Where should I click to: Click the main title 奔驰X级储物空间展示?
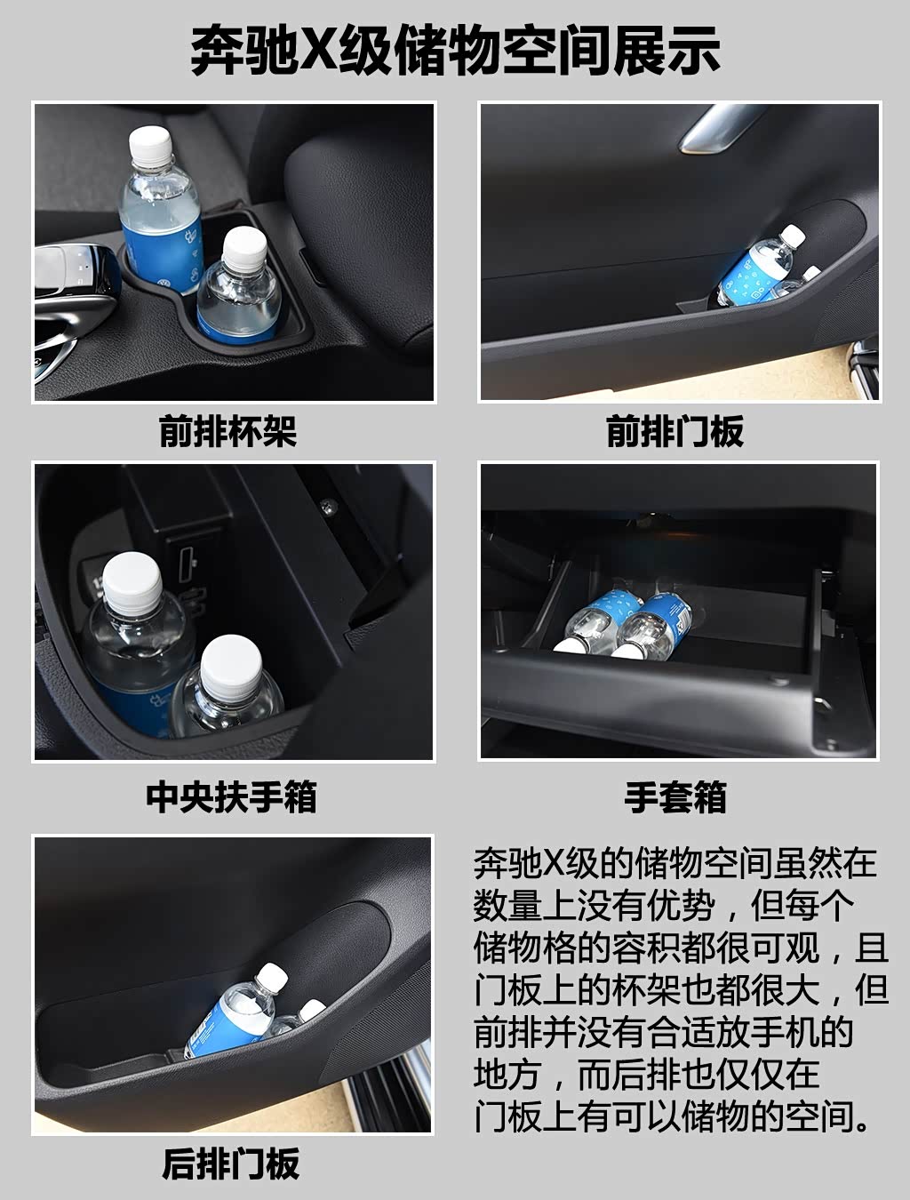455,52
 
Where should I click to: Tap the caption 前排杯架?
227,431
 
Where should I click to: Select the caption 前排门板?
675,431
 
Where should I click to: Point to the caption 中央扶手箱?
231,797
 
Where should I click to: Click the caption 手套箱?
675,797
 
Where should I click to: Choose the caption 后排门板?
231,1164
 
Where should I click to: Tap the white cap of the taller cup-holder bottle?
150,144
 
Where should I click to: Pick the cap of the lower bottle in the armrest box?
231,665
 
